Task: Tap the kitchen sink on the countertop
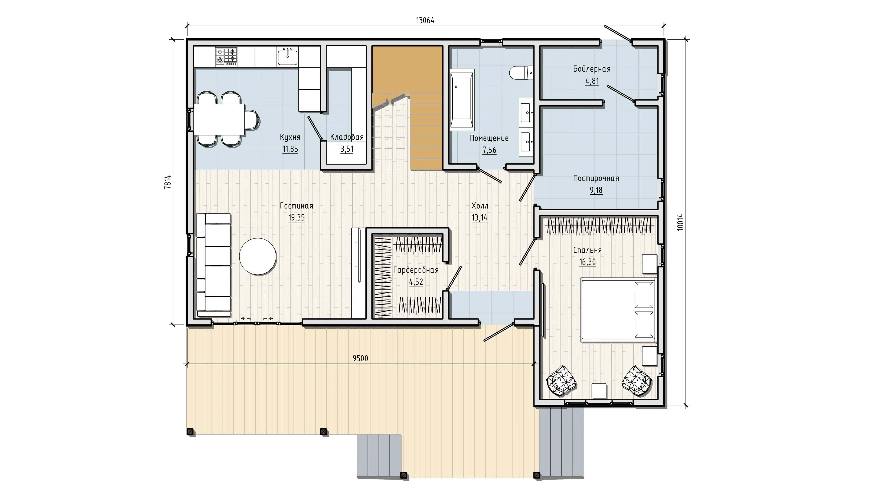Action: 288,57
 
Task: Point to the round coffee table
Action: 258,257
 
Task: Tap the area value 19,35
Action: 297,218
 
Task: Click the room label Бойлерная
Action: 592,69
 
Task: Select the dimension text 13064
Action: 425,21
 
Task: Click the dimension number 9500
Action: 360,358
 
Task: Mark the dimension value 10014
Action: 680,222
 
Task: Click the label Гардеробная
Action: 416,270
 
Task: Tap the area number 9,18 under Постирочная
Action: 596,190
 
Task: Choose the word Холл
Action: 480,206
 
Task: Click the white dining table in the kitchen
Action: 219,119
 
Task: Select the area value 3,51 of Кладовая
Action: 347,150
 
